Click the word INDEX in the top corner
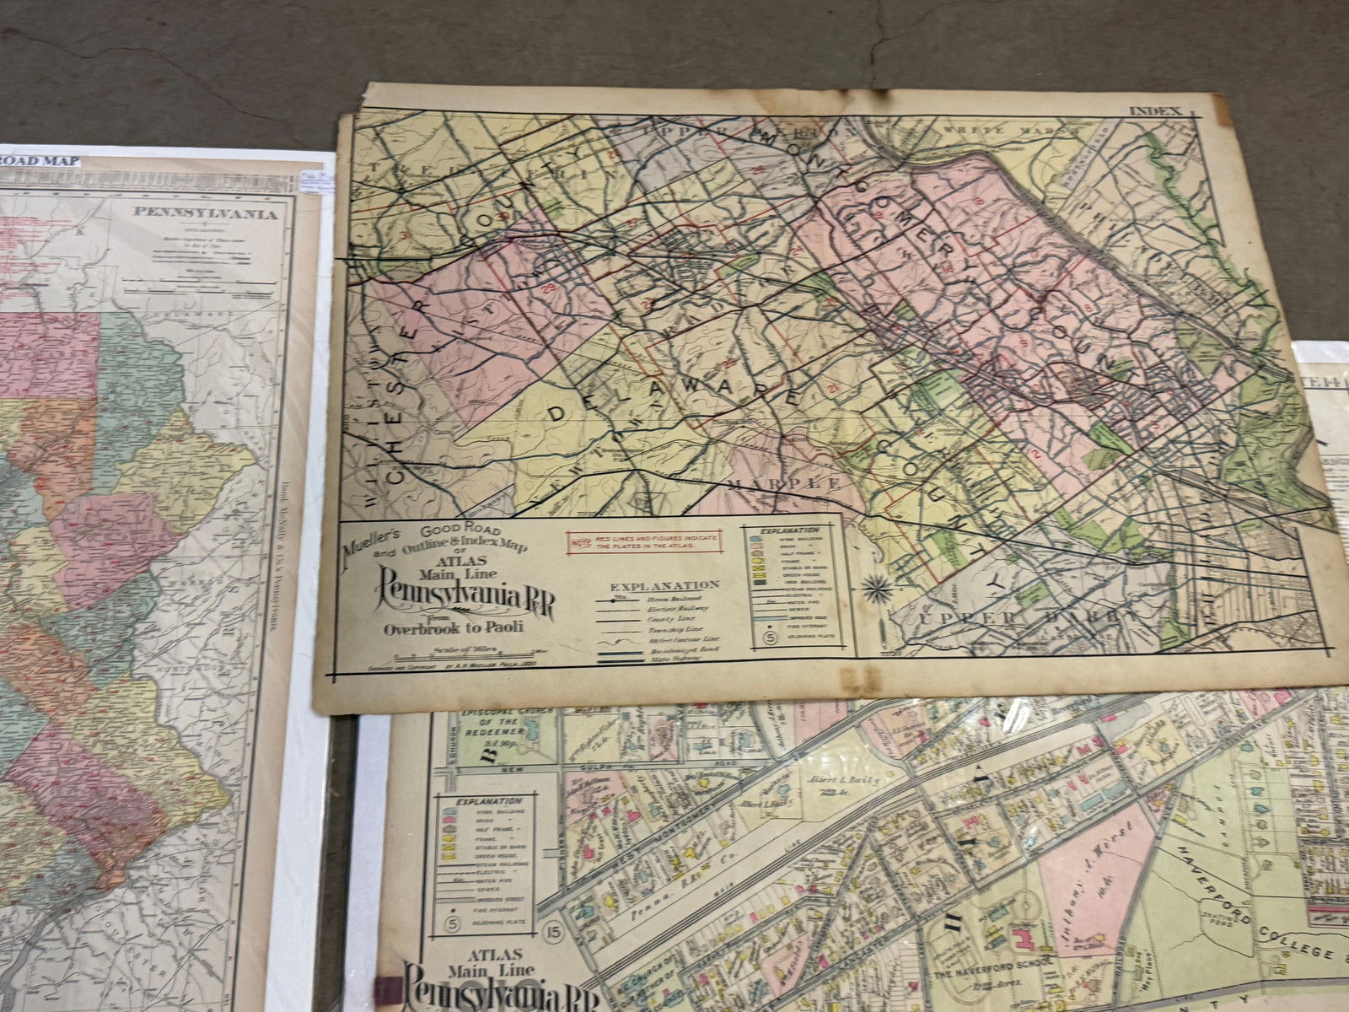coord(1156,110)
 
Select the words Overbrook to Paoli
coord(453,627)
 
